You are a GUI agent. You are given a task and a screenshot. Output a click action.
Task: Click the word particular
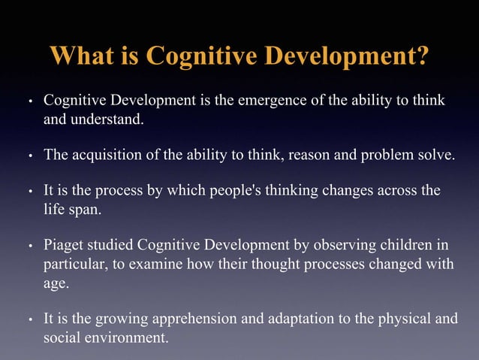[x=76, y=265]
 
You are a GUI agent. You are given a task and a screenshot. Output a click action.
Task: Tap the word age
[x=55, y=283]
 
